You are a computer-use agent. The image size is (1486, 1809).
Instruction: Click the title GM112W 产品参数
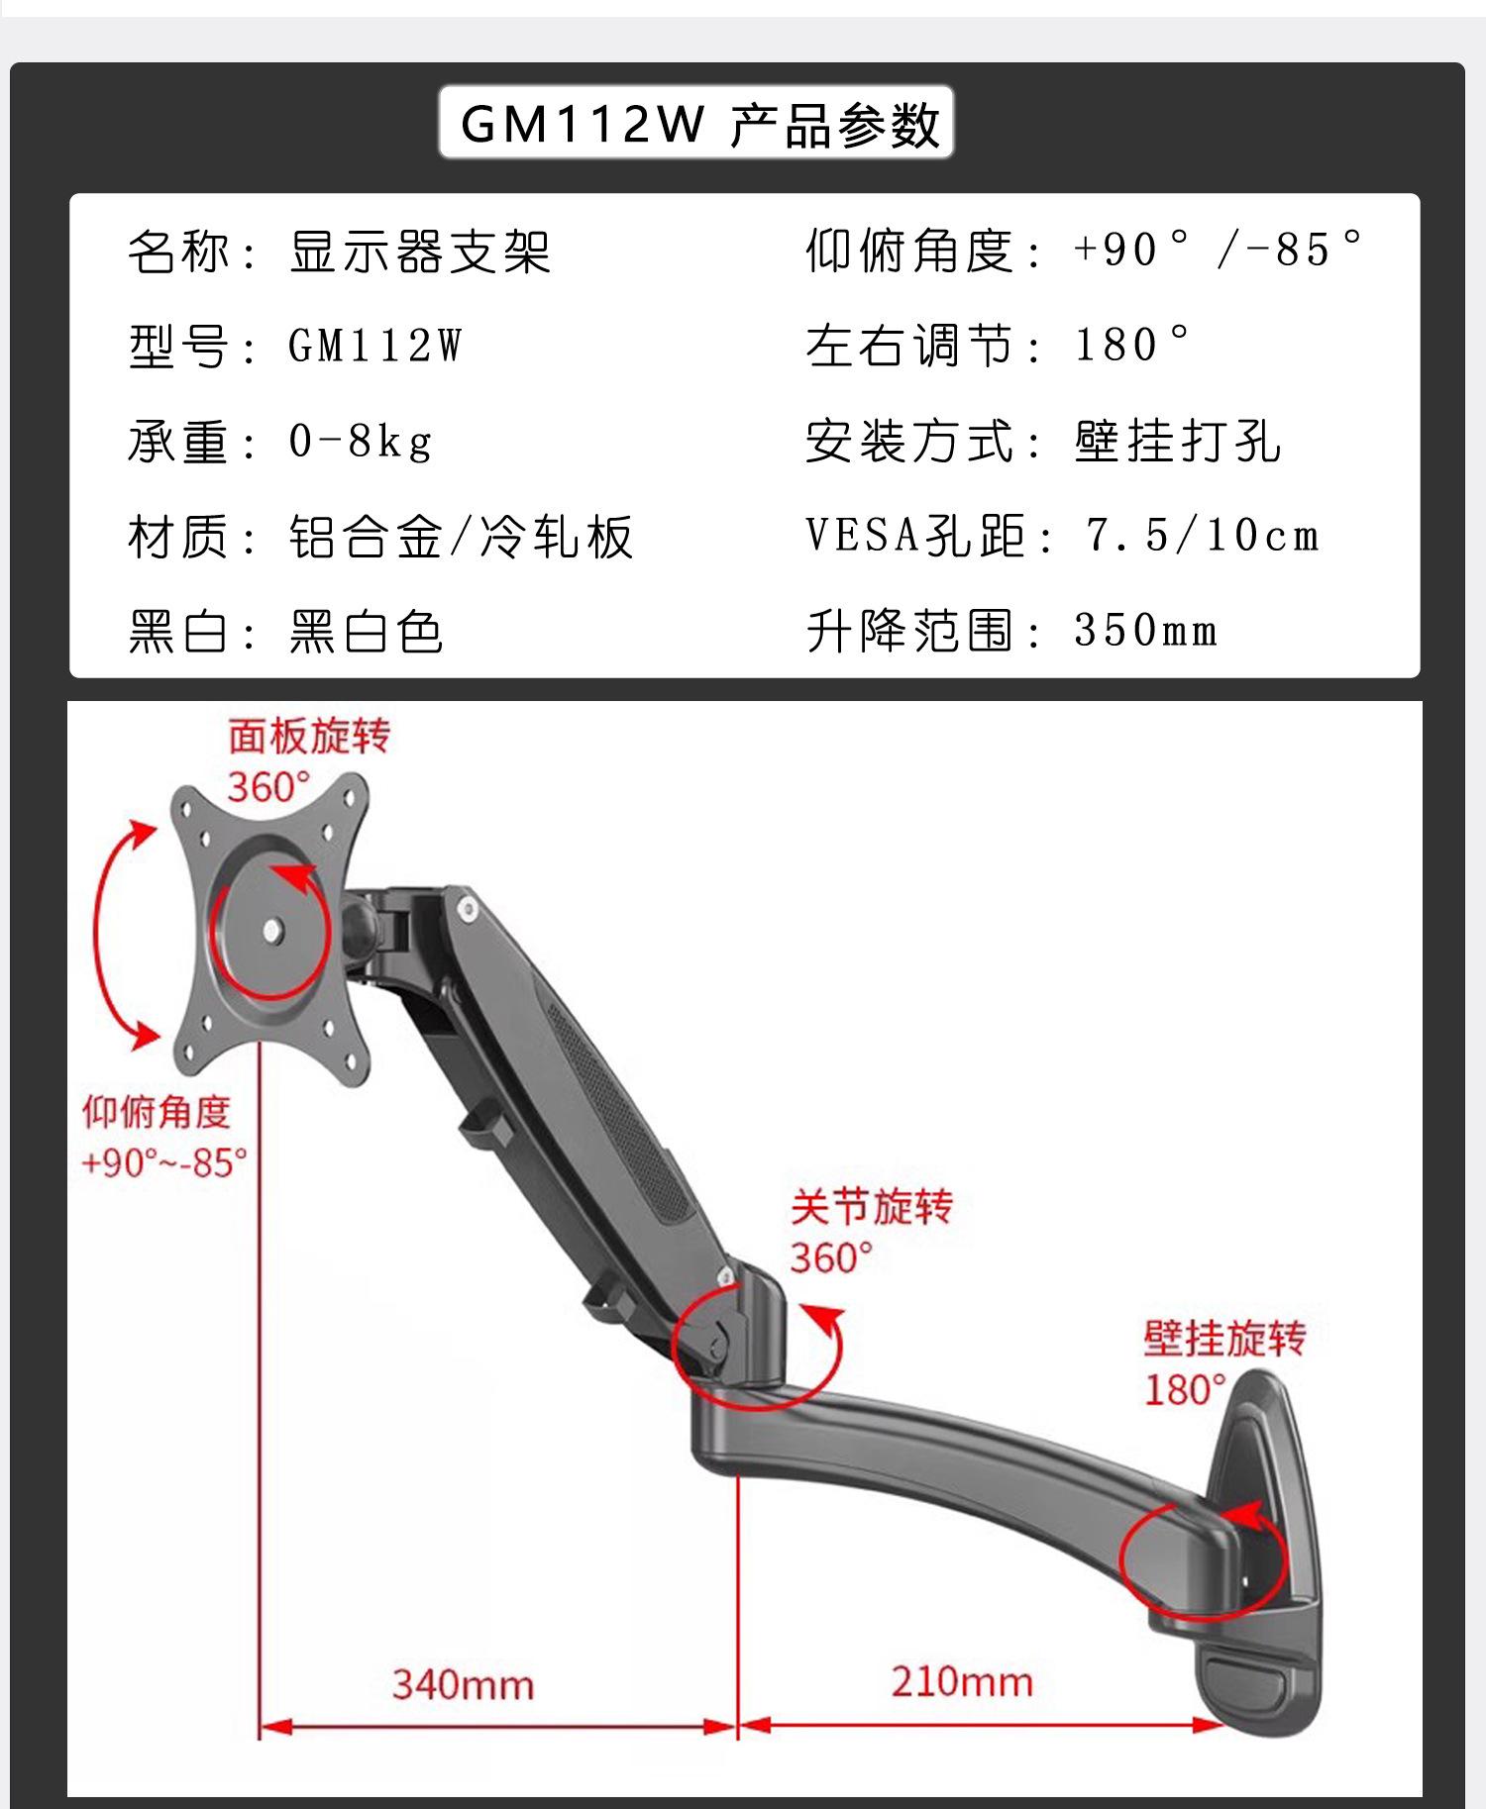pos(696,123)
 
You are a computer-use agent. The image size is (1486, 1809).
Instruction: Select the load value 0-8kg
pos(361,442)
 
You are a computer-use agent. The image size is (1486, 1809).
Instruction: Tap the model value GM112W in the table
pos(374,347)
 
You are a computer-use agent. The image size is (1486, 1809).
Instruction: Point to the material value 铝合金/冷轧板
pos(461,538)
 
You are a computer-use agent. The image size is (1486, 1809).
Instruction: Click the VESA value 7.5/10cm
pos(1203,537)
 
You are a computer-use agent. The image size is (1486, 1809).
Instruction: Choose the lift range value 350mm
pos(1145,631)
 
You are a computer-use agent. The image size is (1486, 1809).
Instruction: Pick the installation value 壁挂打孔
pos(1177,442)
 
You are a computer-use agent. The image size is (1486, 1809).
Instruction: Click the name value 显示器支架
pos(419,251)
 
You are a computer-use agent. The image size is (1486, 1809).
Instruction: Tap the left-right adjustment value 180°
pos(1132,346)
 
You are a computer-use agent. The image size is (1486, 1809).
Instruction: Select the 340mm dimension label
pos(463,1684)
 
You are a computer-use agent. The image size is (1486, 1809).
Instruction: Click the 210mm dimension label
pos(961,1681)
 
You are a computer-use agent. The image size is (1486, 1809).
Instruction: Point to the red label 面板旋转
pos(309,736)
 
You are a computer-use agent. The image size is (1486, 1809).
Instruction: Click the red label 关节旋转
pos(871,1207)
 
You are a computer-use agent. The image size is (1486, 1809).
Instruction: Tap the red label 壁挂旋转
pos(1224,1339)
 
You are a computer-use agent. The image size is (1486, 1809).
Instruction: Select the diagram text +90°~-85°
pos(164,1161)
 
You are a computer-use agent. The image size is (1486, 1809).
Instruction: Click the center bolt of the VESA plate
pos(272,930)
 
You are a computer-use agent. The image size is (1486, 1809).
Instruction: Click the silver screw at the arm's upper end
pos(465,905)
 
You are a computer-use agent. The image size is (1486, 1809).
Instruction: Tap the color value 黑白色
pos(366,632)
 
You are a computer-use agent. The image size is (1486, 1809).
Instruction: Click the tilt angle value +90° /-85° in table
pos(1220,250)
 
